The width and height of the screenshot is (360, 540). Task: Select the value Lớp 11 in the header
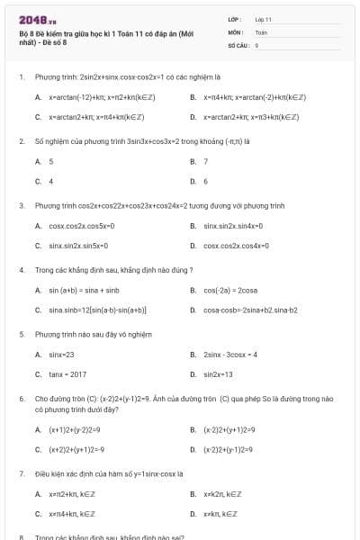(264, 18)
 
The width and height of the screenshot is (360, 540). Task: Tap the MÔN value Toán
(261, 31)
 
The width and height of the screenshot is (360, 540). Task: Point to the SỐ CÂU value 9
(257, 43)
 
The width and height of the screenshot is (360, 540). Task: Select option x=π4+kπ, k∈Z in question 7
(71, 513)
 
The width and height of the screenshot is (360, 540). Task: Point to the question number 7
(22, 472)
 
